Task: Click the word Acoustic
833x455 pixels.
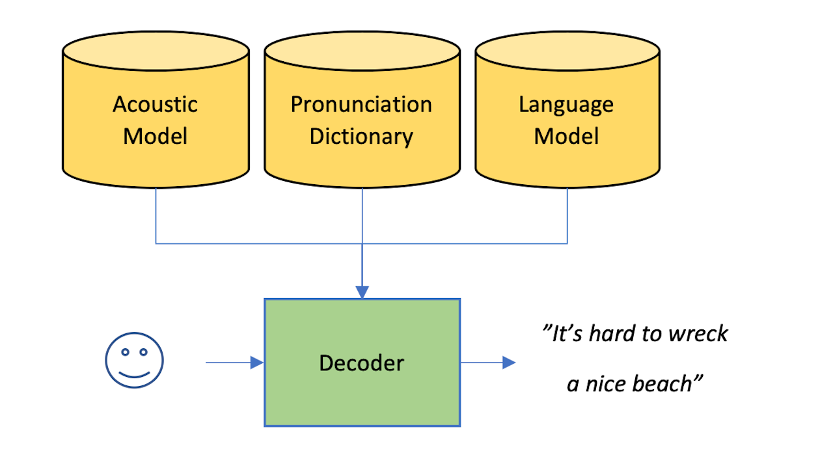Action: (155, 104)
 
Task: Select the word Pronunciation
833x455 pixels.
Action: (361, 104)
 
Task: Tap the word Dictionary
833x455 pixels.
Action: (361, 137)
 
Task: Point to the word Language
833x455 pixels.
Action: (566, 104)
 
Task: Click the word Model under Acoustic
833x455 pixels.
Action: (155, 137)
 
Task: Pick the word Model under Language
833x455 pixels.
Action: (566, 137)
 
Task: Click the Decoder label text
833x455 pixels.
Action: (361, 363)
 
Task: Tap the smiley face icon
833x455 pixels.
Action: (135, 361)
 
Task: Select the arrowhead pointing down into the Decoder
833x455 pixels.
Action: (362, 292)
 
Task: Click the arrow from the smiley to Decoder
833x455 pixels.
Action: (234, 363)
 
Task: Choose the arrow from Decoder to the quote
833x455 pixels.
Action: (488, 363)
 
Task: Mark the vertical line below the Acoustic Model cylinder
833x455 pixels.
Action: (156, 215)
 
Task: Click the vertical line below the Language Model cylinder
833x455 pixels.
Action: (567, 215)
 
